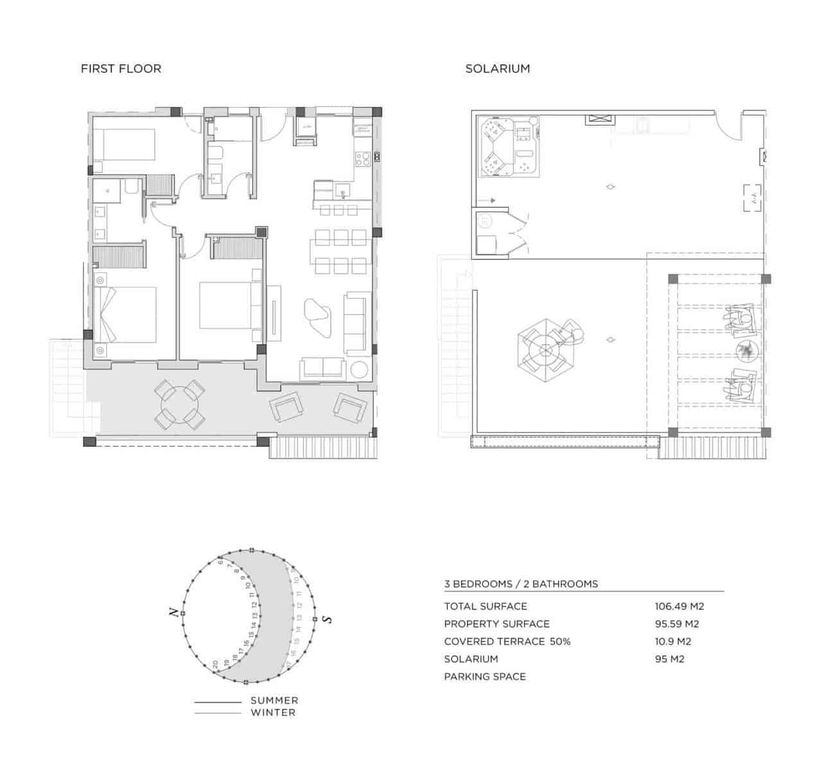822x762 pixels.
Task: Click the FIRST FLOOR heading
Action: pos(121,69)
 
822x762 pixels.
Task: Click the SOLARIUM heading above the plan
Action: pos(497,69)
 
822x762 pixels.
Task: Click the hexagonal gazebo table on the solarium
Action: pos(545,350)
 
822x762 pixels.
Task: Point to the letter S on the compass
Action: pos(327,619)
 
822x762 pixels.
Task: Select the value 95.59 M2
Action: pos(677,624)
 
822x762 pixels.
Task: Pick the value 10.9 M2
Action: pos(672,641)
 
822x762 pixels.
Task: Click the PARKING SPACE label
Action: pos(484,677)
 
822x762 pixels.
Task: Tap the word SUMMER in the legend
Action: pos(274,700)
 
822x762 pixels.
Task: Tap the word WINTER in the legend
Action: pos(273,712)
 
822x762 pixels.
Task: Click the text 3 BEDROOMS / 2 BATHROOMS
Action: pos(521,584)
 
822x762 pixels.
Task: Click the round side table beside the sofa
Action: pos(358,370)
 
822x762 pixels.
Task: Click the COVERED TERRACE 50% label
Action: pos(507,641)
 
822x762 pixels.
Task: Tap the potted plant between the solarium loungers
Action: pos(745,350)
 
